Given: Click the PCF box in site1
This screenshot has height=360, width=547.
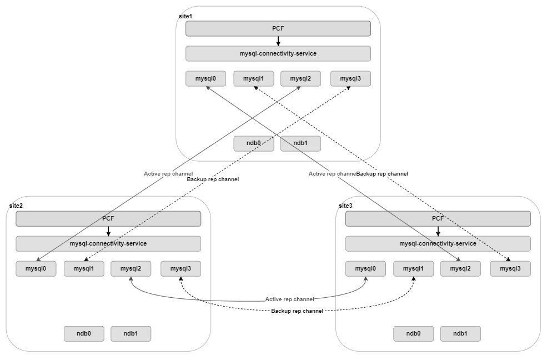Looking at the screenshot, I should tap(278, 28).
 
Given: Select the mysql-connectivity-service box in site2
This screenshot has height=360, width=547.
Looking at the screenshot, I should tap(108, 243).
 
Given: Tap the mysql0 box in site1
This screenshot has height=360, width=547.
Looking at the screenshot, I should tap(205, 79).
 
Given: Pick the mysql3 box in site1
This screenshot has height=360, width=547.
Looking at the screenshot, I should tap(350, 79).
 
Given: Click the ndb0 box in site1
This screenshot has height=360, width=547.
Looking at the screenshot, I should tap(254, 143).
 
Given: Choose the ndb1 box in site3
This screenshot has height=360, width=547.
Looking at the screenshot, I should tap(460, 333).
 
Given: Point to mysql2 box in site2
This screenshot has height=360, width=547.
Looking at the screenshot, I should tap(131, 269).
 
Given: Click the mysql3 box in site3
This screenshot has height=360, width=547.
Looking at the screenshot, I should tap(510, 269).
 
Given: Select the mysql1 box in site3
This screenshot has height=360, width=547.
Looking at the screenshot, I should tap(413, 269).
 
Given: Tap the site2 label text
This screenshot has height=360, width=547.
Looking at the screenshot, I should tap(16, 206).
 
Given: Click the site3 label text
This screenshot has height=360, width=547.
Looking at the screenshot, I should tap(345, 206).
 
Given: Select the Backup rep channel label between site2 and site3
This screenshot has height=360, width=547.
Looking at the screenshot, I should tap(297, 311).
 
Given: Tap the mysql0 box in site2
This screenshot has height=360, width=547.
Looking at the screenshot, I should tap(36, 269).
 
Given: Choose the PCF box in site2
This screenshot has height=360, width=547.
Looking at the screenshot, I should tap(108, 218).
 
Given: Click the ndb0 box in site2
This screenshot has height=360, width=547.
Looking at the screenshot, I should tap(84, 333).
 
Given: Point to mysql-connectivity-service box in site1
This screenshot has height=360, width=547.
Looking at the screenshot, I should tap(278, 53).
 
